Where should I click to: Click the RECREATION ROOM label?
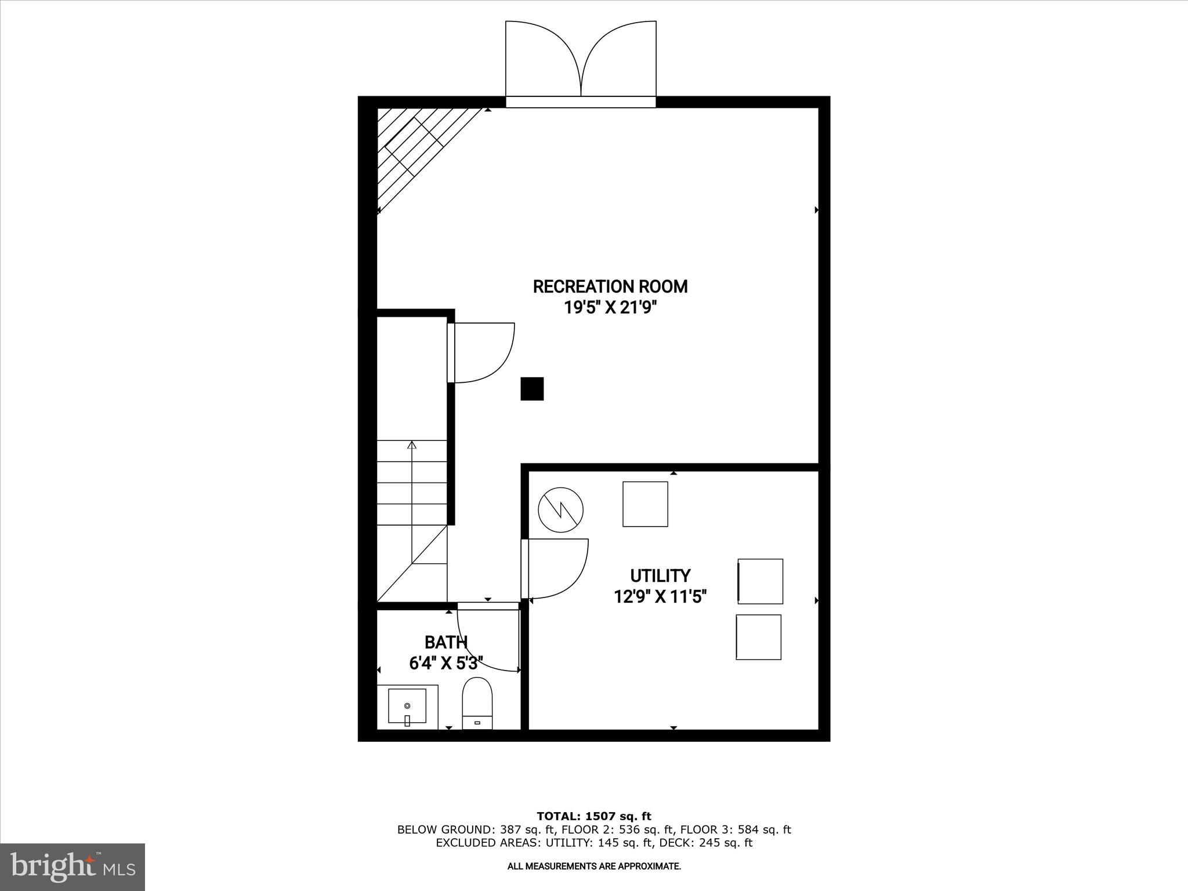(x=610, y=287)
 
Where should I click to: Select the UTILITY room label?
(x=660, y=575)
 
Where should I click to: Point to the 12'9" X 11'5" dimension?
(x=660, y=596)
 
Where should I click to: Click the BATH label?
(x=445, y=642)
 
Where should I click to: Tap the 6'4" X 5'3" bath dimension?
(x=445, y=663)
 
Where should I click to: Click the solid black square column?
(x=532, y=389)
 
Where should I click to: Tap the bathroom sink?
(x=407, y=706)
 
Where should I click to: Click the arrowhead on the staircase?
(x=412, y=445)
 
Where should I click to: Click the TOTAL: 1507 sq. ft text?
(x=594, y=816)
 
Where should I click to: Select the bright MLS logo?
(x=73, y=867)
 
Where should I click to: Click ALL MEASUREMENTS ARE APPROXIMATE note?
(x=594, y=866)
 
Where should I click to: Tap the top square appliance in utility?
(x=645, y=504)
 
